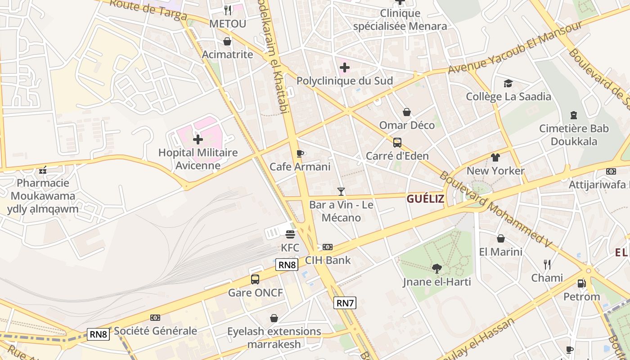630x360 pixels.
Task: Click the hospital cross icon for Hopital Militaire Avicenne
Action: [198, 139]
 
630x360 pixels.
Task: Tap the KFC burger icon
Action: [290, 234]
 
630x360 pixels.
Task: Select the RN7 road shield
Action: [345, 303]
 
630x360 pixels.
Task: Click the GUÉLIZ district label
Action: [425, 199]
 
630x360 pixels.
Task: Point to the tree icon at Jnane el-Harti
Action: [436, 269]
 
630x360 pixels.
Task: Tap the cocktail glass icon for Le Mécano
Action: [341, 192]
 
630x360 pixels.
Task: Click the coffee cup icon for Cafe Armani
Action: [300, 154]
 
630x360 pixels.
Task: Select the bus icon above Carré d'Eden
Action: [397, 143]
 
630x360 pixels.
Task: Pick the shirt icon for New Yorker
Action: [495, 157]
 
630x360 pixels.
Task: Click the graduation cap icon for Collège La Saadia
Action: [508, 83]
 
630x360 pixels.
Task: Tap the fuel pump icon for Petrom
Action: [581, 283]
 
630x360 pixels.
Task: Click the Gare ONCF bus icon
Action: [255, 279]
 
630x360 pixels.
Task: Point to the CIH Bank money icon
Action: [328, 247]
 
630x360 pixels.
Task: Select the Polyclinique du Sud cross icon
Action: [345, 68]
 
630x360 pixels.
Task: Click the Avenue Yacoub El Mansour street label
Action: [515, 48]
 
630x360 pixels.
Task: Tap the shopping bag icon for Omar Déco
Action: [407, 112]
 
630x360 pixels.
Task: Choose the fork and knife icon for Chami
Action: [547, 264]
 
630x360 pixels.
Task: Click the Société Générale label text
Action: [155, 331]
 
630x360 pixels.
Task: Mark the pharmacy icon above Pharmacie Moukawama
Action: [43, 170]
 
